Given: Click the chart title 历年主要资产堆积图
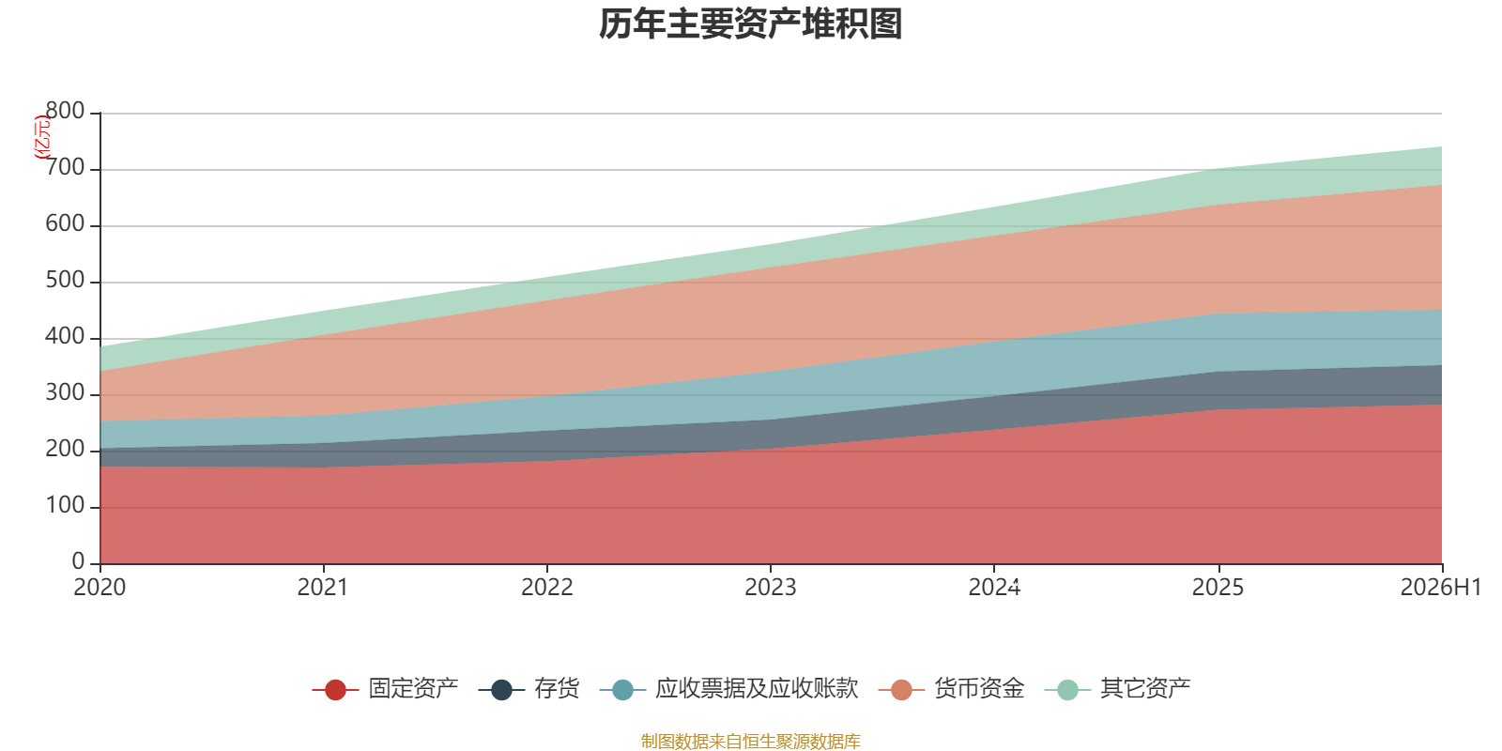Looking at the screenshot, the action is pyautogui.click(x=750, y=24).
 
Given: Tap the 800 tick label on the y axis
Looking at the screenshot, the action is pyautogui.click(x=65, y=111).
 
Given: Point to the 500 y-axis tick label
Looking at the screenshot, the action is pyautogui.click(x=65, y=280).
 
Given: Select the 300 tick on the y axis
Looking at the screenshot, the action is pyautogui.click(x=65, y=392).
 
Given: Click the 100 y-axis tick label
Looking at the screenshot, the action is pyautogui.click(x=65, y=505).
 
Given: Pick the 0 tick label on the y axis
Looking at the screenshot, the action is pyautogui.click(x=79, y=561).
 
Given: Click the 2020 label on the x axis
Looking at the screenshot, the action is pyautogui.click(x=100, y=588).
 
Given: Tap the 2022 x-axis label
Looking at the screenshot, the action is pyautogui.click(x=547, y=588).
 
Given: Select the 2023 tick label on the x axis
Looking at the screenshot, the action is pyautogui.click(x=771, y=588).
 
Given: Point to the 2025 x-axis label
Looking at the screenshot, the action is pyautogui.click(x=1218, y=588).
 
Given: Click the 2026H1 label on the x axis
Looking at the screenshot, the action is pyautogui.click(x=1441, y=588).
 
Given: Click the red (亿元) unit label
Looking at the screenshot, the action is pyautogui.click(x=42, y=137).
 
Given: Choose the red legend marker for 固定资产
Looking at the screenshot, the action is pyautogui.click(x=335, y=689).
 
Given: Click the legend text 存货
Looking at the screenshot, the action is pyautogui.click(x=557, y=689).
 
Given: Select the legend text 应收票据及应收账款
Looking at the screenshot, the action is pyautogui.click(x=757, y=689).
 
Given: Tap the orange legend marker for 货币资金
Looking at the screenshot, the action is pyautogui.click(x=902, y=689).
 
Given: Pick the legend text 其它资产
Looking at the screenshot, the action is pyautogui.click(x=1145, y=689).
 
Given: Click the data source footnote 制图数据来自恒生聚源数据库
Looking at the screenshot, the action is pyautogui.click(x=750, y=741).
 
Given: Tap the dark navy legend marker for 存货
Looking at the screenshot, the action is pyautogui.click(x=501, y=689).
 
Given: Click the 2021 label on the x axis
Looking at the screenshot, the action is pyautogui.click(x=323, y=588).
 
